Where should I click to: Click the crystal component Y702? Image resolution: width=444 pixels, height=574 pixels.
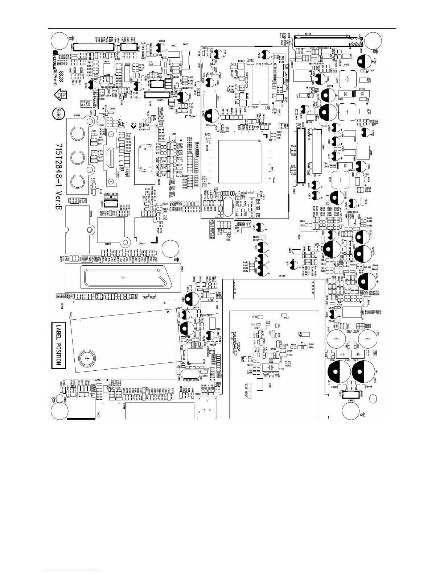(x=271, y=367)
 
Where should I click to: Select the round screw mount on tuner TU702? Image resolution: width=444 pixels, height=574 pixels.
(x=87, y=359)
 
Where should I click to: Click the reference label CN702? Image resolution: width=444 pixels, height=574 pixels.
(x=282, y=276)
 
